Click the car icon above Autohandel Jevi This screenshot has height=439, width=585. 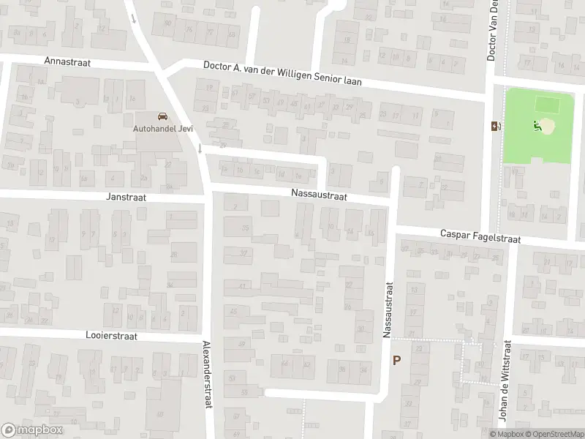click(x=162, y=117)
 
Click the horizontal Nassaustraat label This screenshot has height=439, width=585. click(x=318, y=195)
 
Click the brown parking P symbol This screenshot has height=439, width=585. click(x=397, y=360)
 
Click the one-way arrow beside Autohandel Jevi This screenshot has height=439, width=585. click(x=200, y=149)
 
